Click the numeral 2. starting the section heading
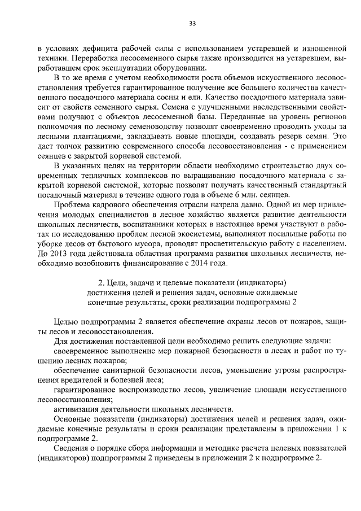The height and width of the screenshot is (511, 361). [x=102, y=283]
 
